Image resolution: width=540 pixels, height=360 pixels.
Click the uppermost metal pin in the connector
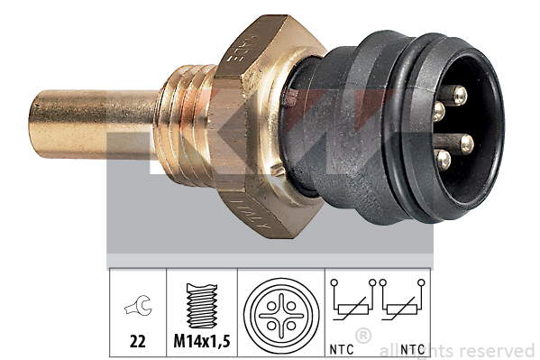tap(459, 94)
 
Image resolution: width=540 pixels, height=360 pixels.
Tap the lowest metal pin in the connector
tap(444, 160)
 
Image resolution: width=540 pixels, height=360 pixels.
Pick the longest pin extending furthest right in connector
tap(465, 142)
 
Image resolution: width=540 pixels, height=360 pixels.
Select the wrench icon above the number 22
tap(139, 307)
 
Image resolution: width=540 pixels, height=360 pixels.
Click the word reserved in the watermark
tap(495, 350)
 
